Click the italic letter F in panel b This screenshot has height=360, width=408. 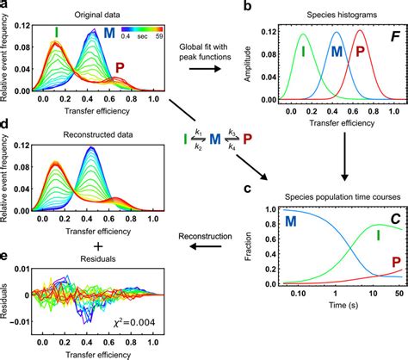(x=393, y=38)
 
